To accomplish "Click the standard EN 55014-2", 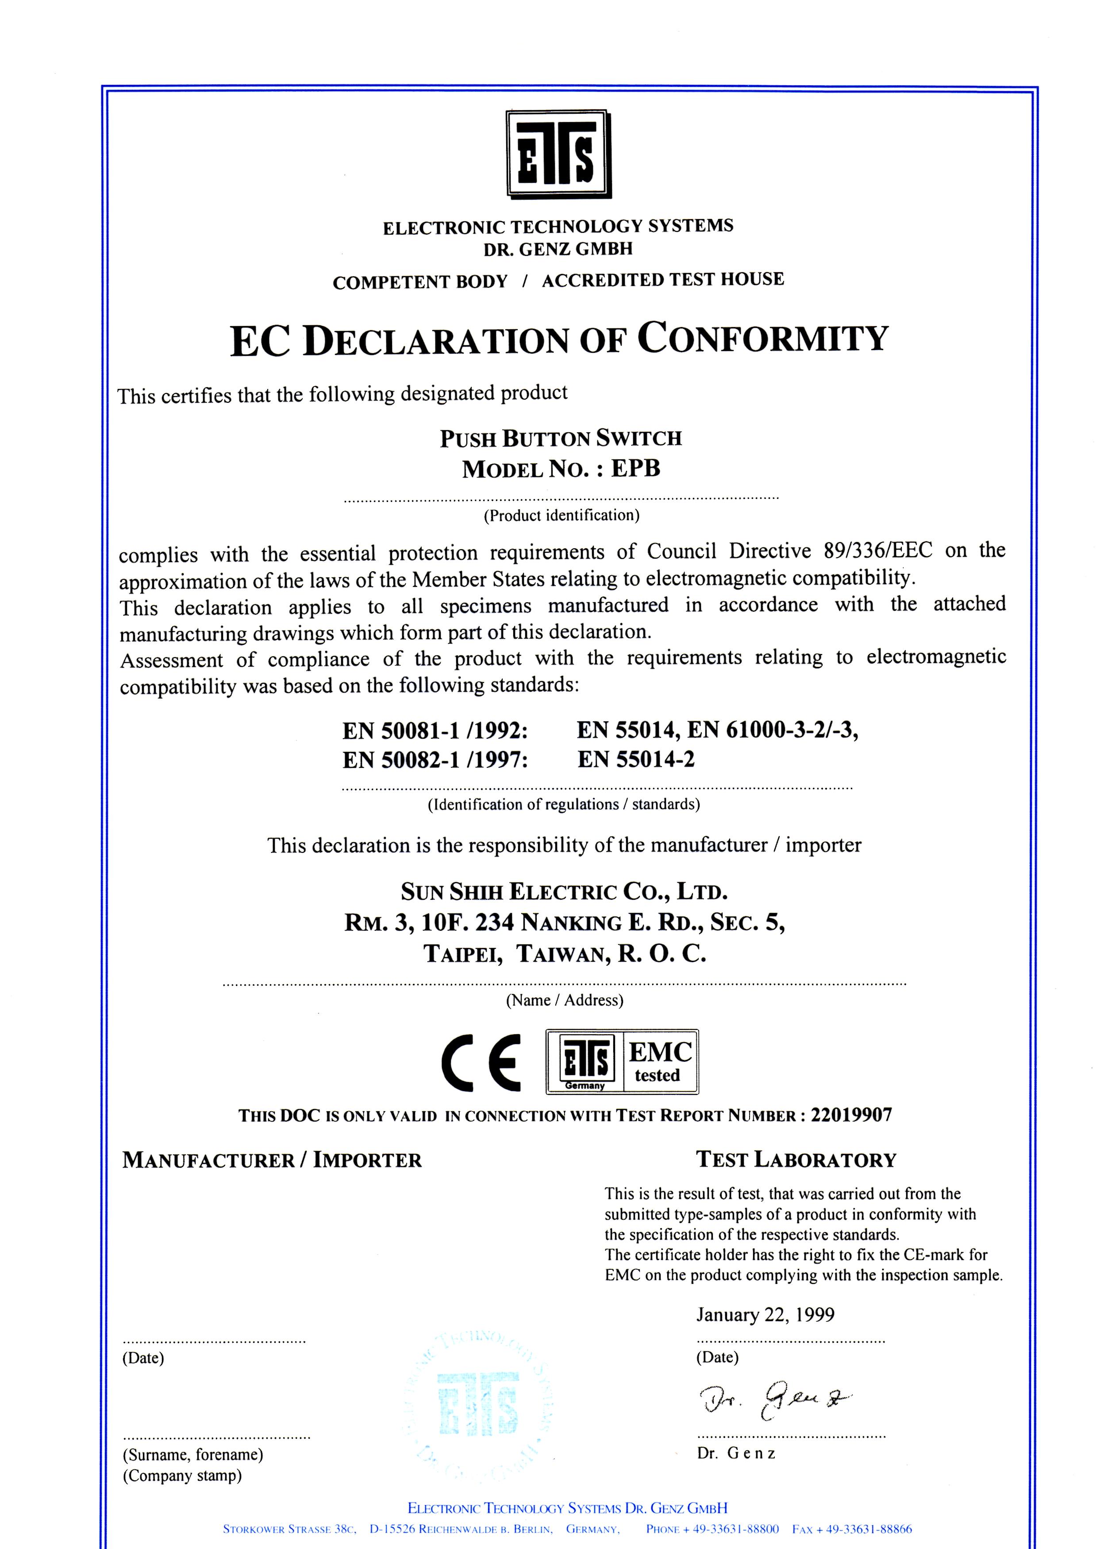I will tap(636, 759).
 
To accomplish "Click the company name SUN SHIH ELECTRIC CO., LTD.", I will tap(564, 892).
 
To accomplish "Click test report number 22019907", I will tap(851, 1115).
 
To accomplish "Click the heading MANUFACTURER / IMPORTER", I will tap(272, 1160).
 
